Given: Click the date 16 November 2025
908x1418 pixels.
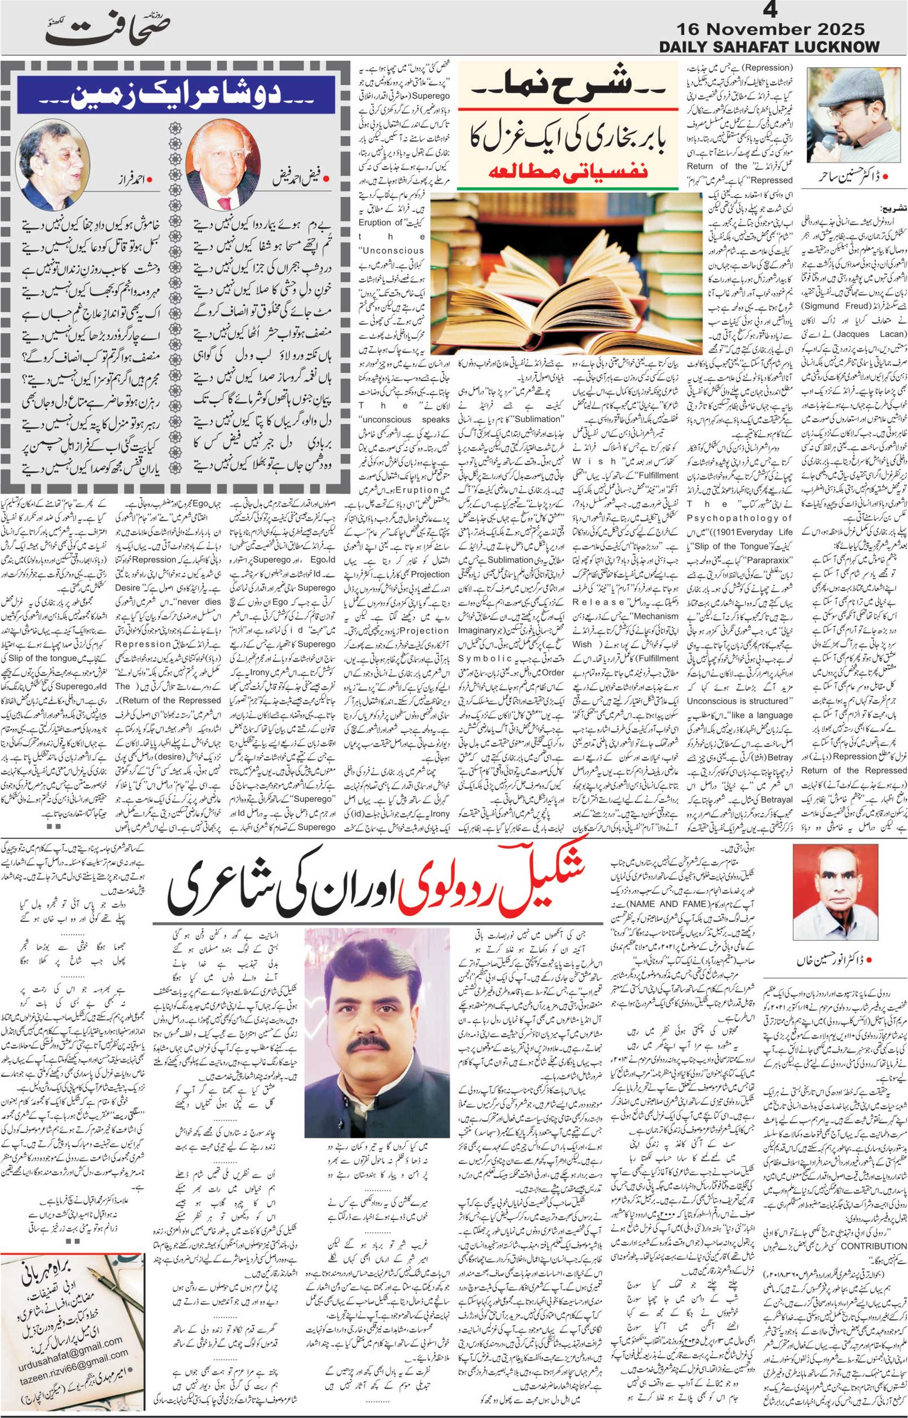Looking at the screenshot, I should pyautogui.click(x=770, y=29).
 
